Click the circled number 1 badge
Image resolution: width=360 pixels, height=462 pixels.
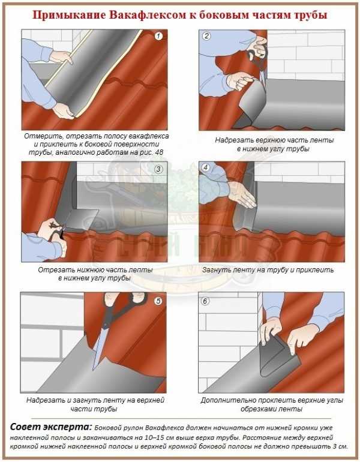(x=158, y=36)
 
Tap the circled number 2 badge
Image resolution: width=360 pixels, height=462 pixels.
(x=206, y=36)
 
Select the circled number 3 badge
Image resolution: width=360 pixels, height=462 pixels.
(x=158, y=169)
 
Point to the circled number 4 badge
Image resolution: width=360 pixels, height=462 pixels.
(x=206, y=167)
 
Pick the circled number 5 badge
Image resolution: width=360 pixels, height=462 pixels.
(x=158, y=301)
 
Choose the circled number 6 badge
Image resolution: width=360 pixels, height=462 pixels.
(x=205, y=301)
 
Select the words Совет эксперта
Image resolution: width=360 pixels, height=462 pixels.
(x=51, y=427)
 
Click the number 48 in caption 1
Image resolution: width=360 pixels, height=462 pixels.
(x=159, y=152)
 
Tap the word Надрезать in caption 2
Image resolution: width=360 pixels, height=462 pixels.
(x=233, y=140)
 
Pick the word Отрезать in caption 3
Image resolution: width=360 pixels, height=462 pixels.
(x=56, y=270)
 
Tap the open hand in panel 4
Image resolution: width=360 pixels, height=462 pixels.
(x=242, y=194)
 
